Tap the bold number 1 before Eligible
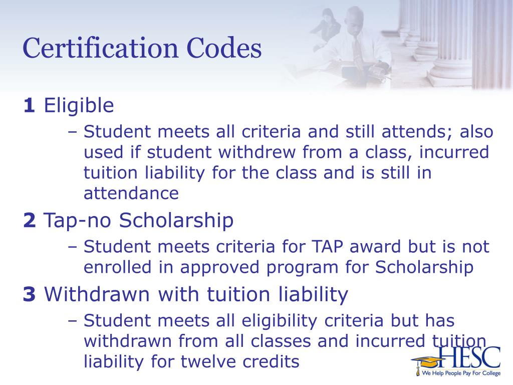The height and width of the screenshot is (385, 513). click(29, 106)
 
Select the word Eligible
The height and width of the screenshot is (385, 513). click(79, 106)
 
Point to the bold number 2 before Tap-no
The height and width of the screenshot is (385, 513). click(29, 221)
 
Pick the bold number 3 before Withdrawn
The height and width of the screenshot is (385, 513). click(29, 295)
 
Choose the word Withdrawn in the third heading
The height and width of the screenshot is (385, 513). click(90, 295)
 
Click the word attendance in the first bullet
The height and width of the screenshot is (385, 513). click(131, 193)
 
